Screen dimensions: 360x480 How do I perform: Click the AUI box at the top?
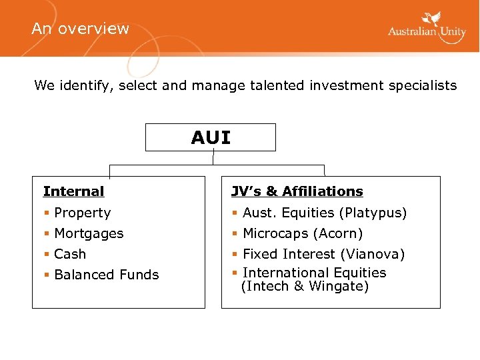(211, 137)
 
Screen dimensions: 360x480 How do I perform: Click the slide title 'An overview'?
(80, 29)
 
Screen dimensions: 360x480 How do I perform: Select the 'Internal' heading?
(73, 191)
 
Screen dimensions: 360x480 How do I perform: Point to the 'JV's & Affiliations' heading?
(297, 191)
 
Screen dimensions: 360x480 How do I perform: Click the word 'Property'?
(82, 213)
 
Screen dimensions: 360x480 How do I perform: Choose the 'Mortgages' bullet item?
(89, 233)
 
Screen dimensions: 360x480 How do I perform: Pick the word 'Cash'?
(70, 254)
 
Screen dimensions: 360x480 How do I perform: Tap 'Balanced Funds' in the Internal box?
(106, 275)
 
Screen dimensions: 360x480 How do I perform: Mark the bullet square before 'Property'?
(46, 213)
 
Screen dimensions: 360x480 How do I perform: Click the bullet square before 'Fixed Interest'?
(235, 254)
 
